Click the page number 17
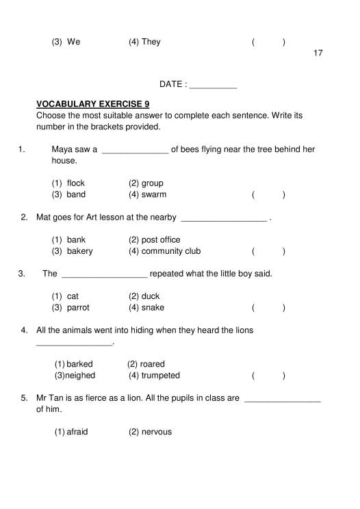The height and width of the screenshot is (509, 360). (x=318, y=53)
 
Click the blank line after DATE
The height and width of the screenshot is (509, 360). (x=212, y=86)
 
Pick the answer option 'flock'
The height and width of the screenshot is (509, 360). (x=75, y=183)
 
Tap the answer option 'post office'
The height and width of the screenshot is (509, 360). (x=160, y=240)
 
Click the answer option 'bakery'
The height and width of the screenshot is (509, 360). (x=79, y=251)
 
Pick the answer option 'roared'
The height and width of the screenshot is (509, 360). (x=152, y=364)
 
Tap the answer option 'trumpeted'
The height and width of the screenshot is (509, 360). (x=160, y=376)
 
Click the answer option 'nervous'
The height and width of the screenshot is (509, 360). (x=157, y=432)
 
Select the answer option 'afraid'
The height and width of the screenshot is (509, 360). (x=77, y=432)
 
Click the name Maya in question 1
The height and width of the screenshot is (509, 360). (x=62, y=149)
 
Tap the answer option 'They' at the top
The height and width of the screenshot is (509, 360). (x=151, y=42)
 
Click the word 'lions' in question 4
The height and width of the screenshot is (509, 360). (x=243, y=330)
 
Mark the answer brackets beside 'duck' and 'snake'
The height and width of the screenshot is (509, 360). (x=268, y=308)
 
